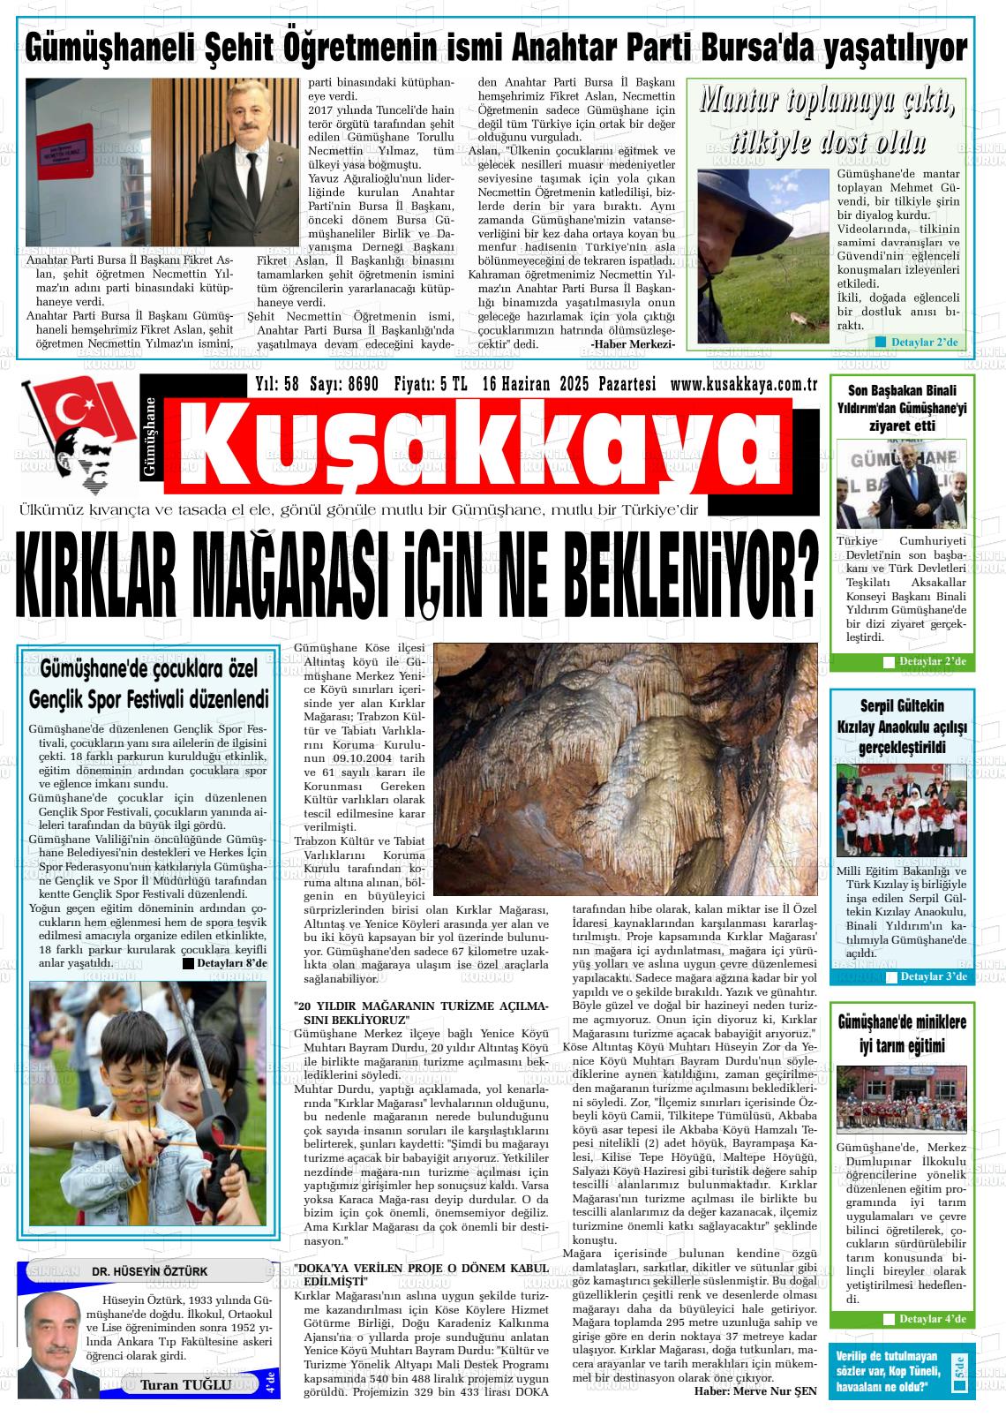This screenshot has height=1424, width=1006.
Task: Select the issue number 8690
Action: [x=364, y=385]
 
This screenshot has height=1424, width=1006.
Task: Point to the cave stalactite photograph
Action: [x=626, y=768]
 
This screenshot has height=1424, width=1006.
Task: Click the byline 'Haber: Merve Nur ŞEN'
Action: [x=755, y=1390]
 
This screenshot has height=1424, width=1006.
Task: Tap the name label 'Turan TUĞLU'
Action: [x=185, y=1384]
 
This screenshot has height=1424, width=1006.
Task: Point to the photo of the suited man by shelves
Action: [x=164, y=163]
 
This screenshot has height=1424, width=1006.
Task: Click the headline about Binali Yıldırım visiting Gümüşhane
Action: [x=902, y=408]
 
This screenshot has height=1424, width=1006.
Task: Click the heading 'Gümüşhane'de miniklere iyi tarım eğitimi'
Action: [x=902, y=1034]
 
